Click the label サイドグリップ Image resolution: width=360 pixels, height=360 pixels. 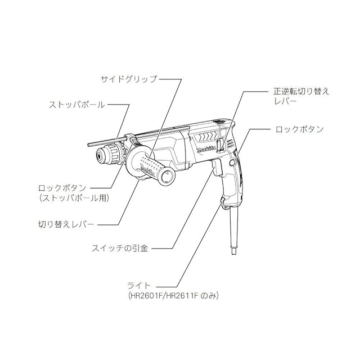click(x=128, y=79)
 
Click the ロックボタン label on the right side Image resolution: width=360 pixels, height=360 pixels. click(x=300, y=129)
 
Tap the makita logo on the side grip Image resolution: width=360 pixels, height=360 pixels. click(x=145, y=168)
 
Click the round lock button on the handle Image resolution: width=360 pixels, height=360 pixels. click(x=231, y=163)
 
